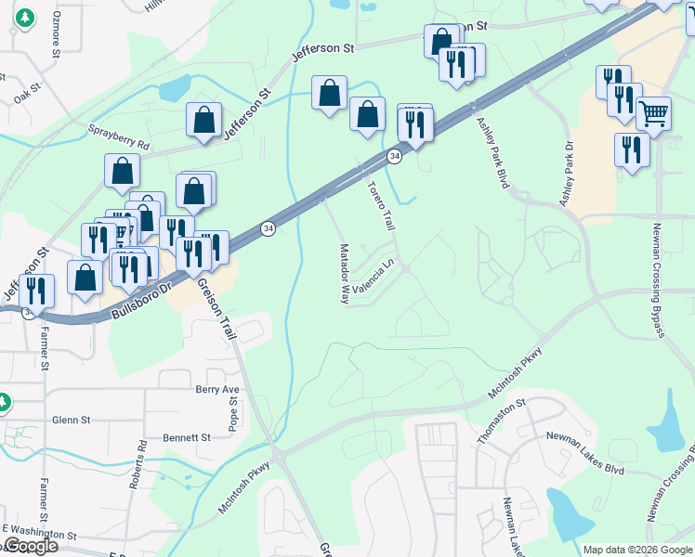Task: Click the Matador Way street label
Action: click(344, 275)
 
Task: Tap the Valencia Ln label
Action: click(374, 276)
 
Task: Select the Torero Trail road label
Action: click(381, 206)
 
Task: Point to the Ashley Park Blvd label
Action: click(492, 153)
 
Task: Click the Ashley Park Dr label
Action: click(567, 174)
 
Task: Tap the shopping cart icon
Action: click(654, 114)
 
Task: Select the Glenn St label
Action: click(71, 420)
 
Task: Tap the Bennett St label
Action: click(190, 437)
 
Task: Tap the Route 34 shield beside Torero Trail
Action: click(395, 156)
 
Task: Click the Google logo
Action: click(31, 546)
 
